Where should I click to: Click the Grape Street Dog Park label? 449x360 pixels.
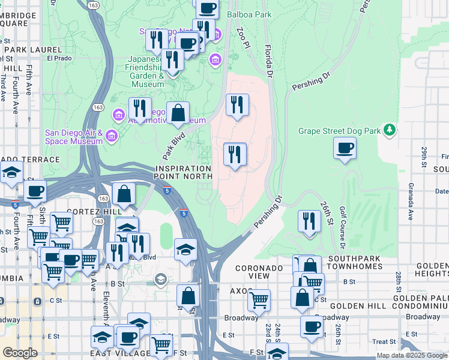click(x=339, y=130)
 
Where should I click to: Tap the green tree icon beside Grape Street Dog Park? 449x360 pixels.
click(x=390, y=130)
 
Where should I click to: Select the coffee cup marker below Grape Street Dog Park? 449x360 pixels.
click(x=345, y=148)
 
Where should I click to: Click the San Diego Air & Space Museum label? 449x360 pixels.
click(x=74, y=137)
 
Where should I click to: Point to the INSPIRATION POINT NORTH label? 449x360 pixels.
click(x=183, y=173)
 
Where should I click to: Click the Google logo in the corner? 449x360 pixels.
click(x=19, y=353)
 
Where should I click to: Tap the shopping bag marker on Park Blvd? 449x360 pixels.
click(x=178, y=113)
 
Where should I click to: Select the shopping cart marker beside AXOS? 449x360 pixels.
click(x=259, y=300)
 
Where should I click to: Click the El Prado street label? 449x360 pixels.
click(x=59, y=58)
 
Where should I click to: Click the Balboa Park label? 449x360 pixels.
click(x=249, y=14)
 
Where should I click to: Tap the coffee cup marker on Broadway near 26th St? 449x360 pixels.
click(x=312, y=326)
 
